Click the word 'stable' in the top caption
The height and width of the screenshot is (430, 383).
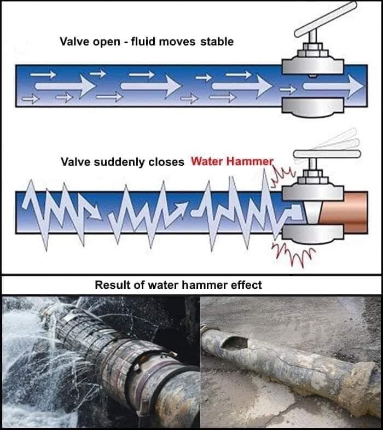coord(217,42)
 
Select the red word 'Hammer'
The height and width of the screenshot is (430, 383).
coord(249,161)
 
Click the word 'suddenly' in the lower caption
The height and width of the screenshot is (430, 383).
coord(120,162)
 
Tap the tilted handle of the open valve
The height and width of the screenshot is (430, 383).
coord(326,19)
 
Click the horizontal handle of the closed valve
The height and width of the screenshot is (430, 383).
coord(327,154)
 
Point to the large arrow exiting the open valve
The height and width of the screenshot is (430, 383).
coord(333,86)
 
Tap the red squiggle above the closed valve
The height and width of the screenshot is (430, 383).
coord(282,177)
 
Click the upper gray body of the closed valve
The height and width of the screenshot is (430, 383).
coord(313,192)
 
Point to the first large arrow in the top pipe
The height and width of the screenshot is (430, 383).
coord(65,86)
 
